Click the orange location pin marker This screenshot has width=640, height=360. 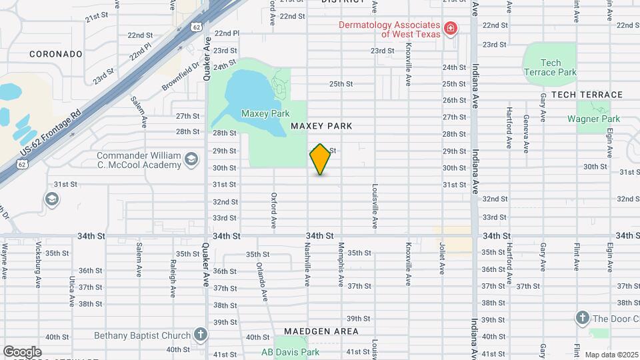pos(320,159)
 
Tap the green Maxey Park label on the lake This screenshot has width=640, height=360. pos(259,113)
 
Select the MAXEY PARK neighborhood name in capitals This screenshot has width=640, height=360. pos(321,126)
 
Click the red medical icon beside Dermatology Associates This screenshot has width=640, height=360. pos(451,28)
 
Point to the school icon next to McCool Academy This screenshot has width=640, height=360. pos(191,159)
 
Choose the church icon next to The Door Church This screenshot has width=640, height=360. pos(582,317)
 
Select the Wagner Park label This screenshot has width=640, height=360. pos(593,119)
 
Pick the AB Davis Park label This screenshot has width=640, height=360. pos(290,352)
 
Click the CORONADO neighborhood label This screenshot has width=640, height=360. pos(56,54)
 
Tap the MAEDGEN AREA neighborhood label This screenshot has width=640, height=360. pos(321,331)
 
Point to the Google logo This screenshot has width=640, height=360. pos(22,351)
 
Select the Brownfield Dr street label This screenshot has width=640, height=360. pos(181,77)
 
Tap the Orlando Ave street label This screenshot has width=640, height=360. pos(263,281)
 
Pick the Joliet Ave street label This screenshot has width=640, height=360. pos(441,259)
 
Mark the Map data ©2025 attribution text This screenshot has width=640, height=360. pos(611,354)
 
